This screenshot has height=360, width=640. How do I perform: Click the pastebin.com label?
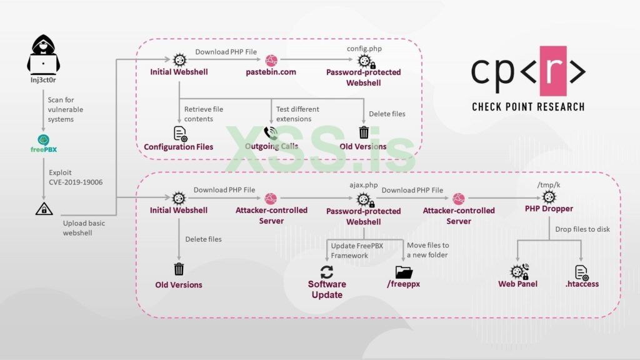point(271,72)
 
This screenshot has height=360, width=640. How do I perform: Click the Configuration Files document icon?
point(180,133)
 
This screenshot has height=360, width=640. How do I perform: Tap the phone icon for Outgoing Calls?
point(271,132)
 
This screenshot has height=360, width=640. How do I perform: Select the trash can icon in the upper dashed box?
point(364,132)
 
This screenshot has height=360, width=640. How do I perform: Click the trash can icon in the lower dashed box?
point(179,269)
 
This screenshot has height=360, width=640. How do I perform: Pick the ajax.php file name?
point(363,186)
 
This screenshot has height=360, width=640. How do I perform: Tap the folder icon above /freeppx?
point(404,272)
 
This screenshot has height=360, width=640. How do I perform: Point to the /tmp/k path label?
point(549,185)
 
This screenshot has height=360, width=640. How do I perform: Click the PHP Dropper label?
point(549,210)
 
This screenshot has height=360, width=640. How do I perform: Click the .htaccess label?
point(582,284)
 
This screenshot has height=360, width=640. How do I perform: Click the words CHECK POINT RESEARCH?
point(529,107)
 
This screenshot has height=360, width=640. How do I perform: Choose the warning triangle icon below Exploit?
point(44,209)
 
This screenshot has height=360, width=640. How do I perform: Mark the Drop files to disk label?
point(582,229)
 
